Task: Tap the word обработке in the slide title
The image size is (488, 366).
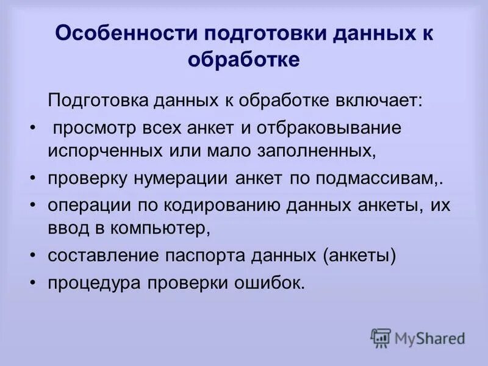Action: (244, 60)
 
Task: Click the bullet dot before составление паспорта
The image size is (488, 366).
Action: (32, 256)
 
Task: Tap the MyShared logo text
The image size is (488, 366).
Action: (429, 337)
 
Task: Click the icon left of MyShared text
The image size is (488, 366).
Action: (381, 337)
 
